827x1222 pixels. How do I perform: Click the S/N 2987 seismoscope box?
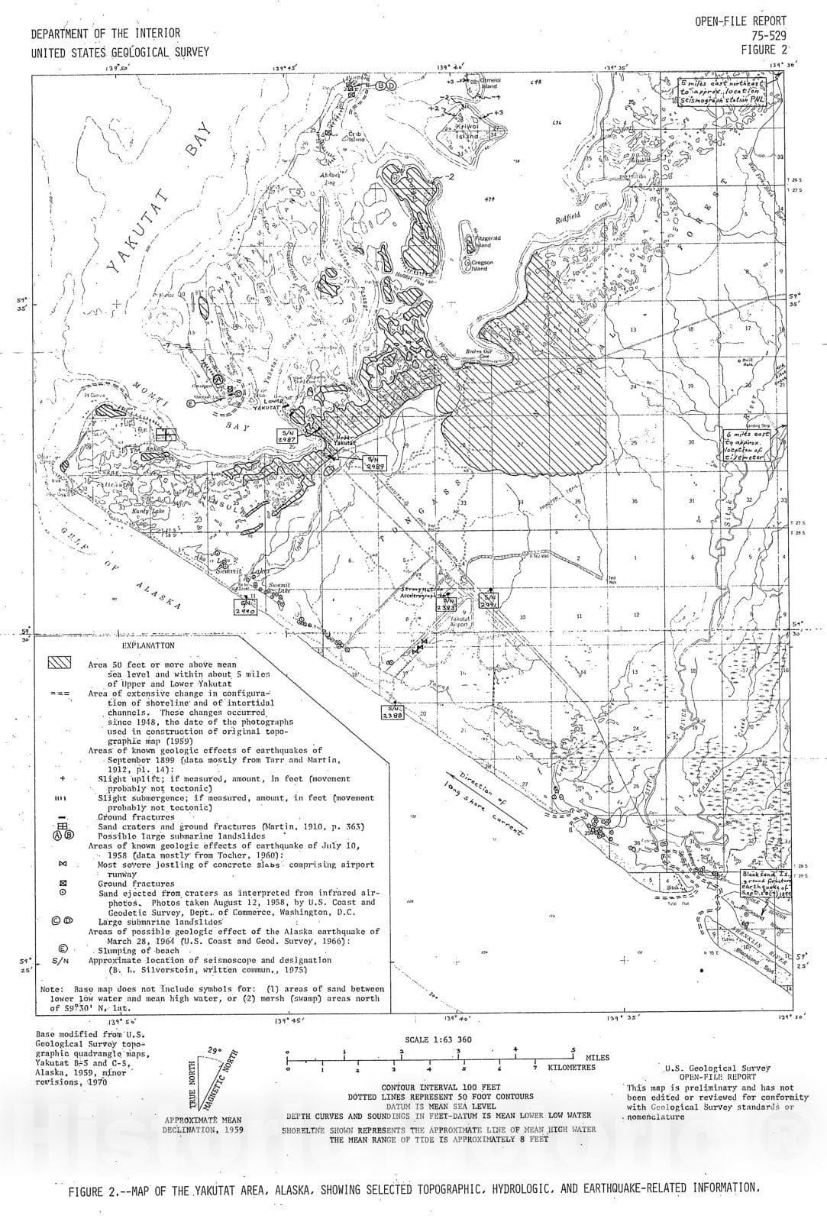coord(287,436)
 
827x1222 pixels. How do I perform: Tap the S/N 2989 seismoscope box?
coord(375,462)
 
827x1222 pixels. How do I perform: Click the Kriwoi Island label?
coord(467,132)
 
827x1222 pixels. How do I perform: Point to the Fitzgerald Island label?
coord(488,241)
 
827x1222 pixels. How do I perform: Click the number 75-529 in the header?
coord(764,35)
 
